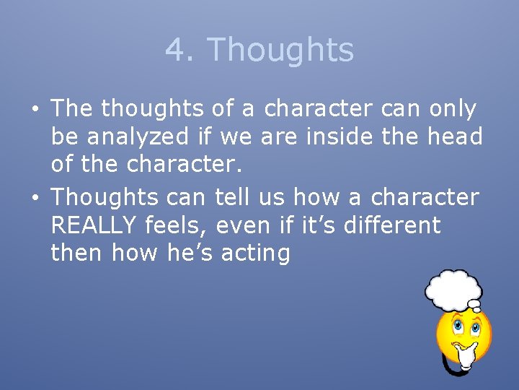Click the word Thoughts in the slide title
click(280, 51)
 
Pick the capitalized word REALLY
click(94, 225)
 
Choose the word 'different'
click(392, 225)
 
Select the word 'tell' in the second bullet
click(230, 197)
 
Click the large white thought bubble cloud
click(453, 289)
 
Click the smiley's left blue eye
click(456, 327)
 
